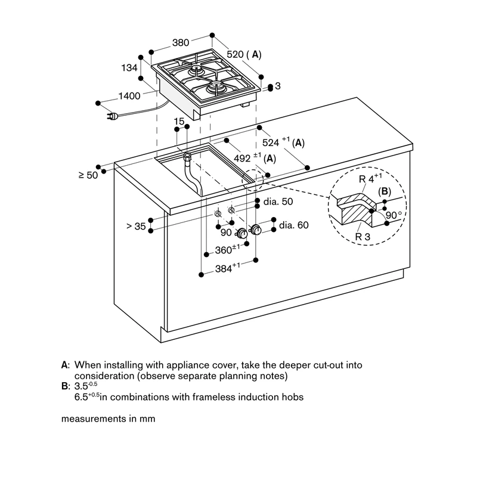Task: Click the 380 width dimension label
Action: (181, 42)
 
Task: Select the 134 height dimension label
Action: (129, 67)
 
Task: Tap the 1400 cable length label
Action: (129, 96)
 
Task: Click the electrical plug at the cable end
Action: (111, 116)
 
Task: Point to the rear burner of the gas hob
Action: (197, 70)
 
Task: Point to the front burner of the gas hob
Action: (216, 86)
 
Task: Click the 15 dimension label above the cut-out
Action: (179, 122)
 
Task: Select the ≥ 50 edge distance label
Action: (88, 175)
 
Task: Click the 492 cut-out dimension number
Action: (242, 159)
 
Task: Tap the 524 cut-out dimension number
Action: (271, 143)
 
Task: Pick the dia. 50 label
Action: (278, 202)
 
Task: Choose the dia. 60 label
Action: (294, 225)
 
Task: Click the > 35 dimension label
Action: (136, 227)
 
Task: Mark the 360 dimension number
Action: (224, 250)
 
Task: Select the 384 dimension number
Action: (224, 269)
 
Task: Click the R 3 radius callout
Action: (363, 236)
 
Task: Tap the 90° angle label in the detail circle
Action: (394, 215)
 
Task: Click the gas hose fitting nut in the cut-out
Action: (187, 157)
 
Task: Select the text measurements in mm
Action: (109, 419)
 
